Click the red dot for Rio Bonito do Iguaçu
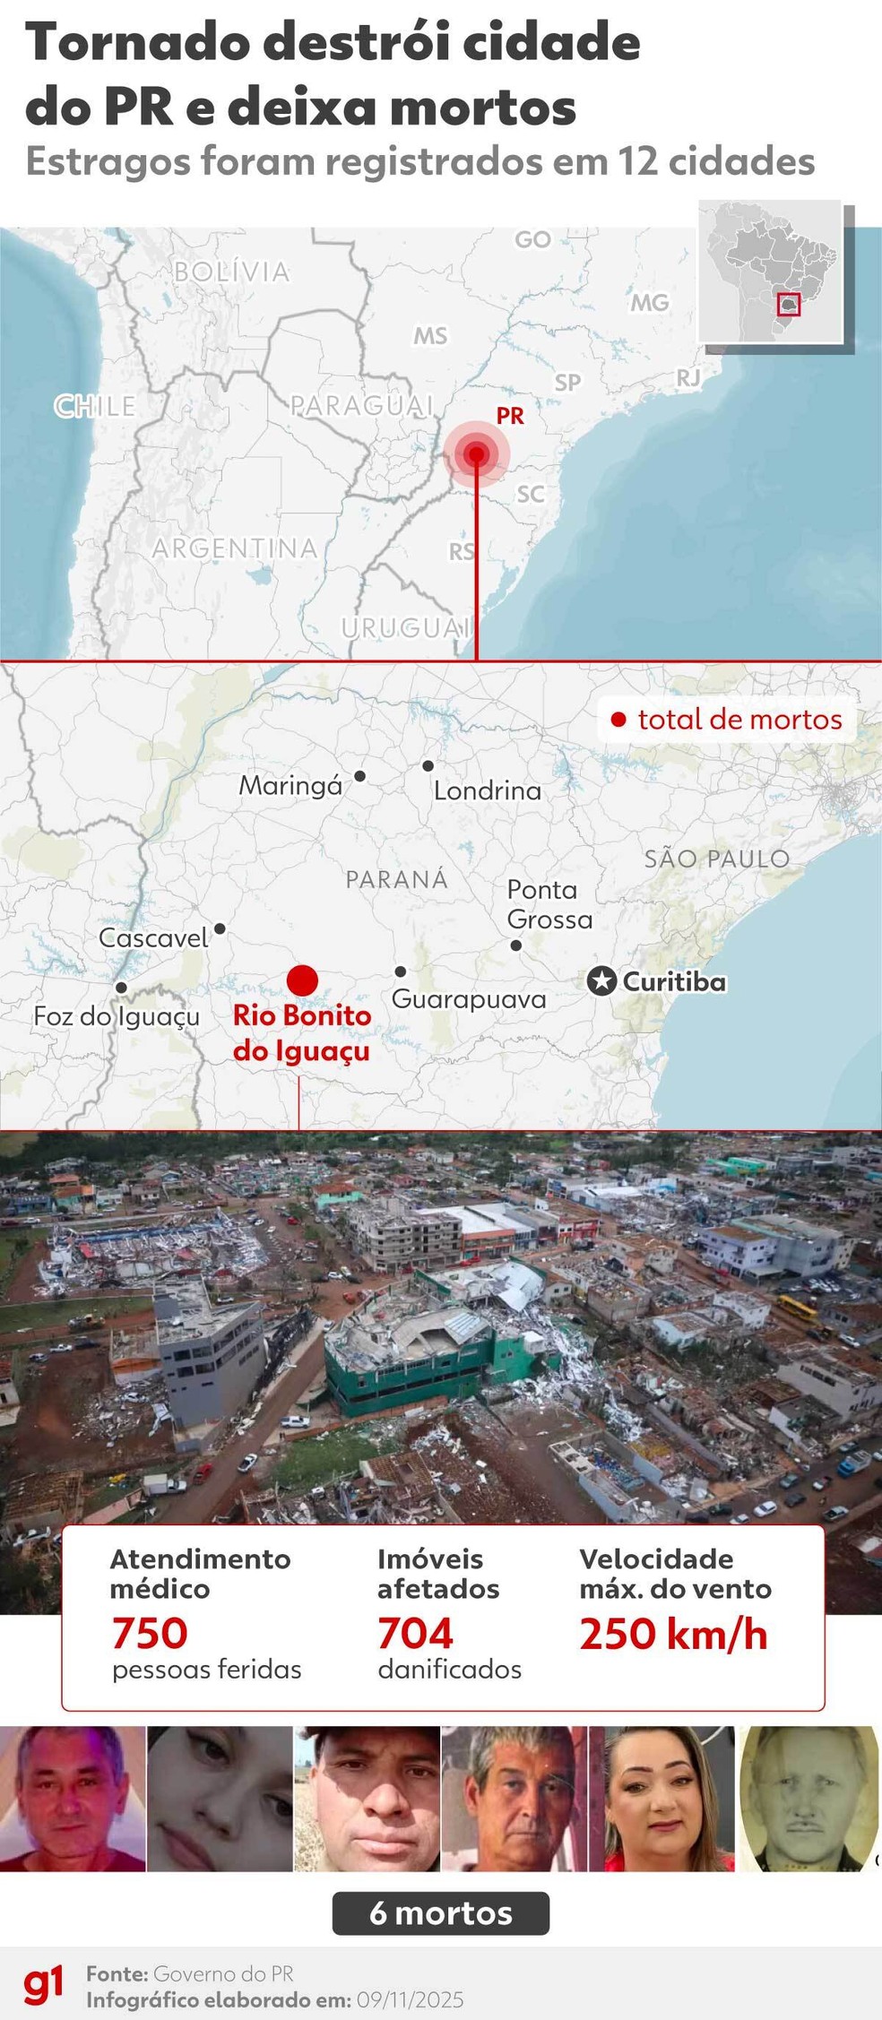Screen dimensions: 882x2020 point(302,980)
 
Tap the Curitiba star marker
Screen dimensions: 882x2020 point(601,981)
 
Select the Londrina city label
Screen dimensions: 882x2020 point(487,790)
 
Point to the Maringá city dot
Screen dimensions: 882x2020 point(359,776)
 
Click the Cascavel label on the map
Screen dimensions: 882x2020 point(153,938)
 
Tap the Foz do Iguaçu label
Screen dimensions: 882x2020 point(117,1016)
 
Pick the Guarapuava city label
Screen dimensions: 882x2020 point(469,999)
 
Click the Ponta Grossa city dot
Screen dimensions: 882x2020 point(516,945)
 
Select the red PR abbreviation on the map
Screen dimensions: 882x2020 point(510,416)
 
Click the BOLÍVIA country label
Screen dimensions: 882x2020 point(231,272)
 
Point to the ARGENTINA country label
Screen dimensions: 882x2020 point(235,548)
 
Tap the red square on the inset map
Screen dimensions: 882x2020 point(789,305)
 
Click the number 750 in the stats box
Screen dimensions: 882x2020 point(150,1633)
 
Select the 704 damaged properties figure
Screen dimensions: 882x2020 point(415,1633)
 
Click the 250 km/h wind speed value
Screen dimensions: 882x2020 point(673,1634)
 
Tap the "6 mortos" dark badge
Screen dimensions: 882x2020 point(441,1912)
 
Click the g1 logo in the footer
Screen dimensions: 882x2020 point(43,1984)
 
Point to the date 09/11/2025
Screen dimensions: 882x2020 point(411,1999)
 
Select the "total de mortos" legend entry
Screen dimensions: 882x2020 point(728,719)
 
